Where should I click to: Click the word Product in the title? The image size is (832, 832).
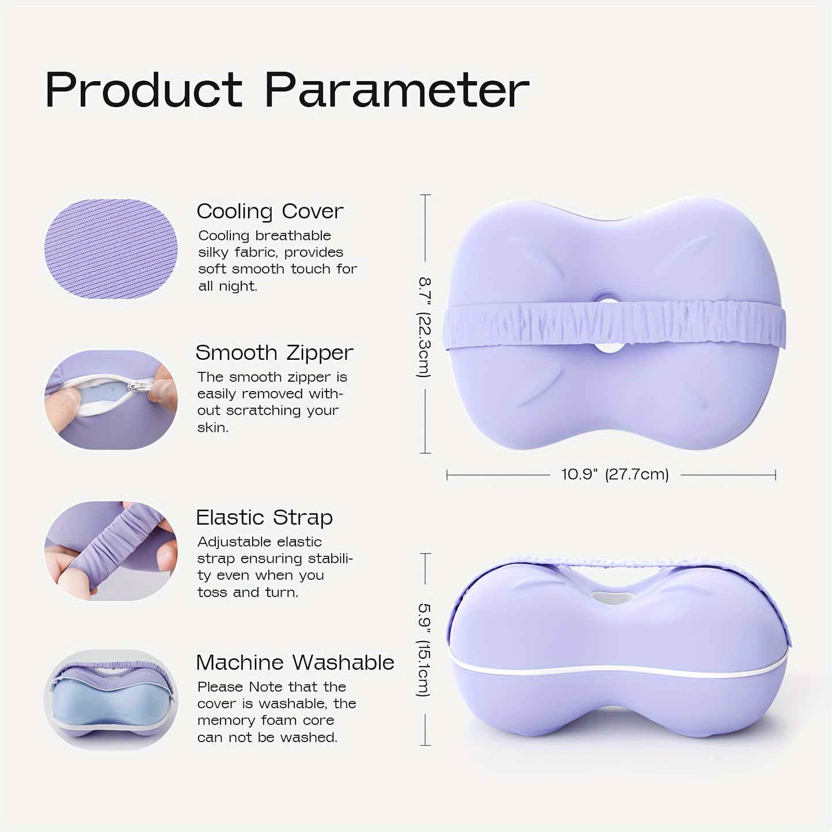(x=144, y=90)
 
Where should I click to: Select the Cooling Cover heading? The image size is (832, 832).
(x=270, y=211)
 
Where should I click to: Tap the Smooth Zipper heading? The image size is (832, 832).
(x=274, y=353)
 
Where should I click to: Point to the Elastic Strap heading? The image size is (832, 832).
(x=264, y=517)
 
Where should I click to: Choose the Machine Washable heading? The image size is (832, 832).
(x=295, y=662)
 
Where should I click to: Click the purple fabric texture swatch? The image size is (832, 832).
(x=111, y=249)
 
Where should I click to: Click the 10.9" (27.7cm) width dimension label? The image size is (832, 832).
(x=615, y=474)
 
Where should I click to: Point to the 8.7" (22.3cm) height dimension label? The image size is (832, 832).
(x=424, y=327)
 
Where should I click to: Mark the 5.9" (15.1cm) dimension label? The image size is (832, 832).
(x=424, y=649)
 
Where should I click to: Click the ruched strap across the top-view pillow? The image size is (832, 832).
(x=614, y=325)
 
